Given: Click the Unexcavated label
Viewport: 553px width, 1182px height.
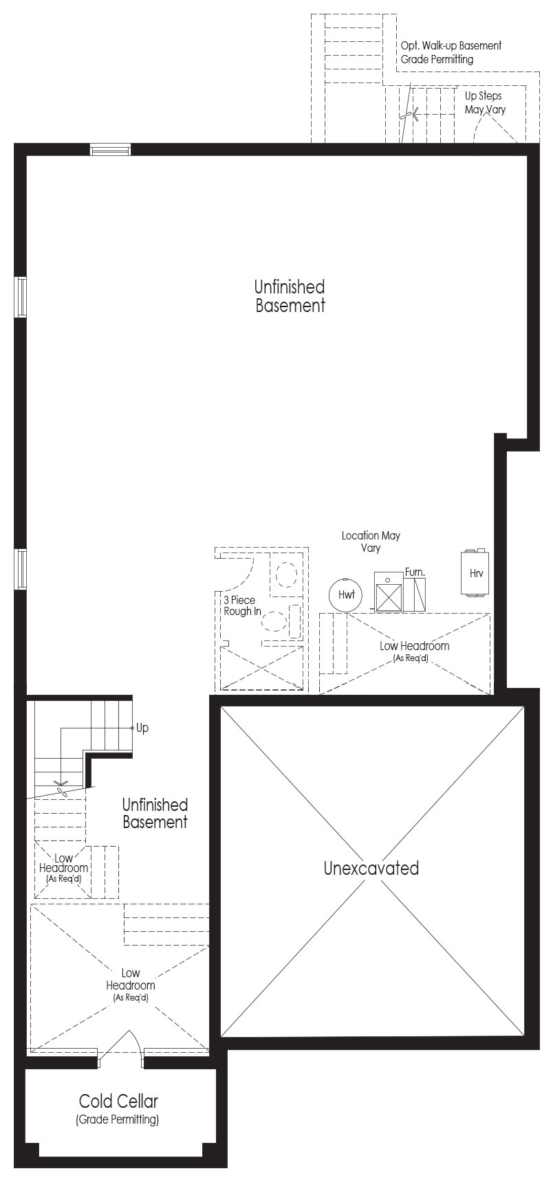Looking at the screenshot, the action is pos(371,868).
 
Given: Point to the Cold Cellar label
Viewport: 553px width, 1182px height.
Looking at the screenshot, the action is pos(118,1101).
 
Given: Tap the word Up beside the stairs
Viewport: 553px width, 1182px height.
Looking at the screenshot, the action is pos(142,728).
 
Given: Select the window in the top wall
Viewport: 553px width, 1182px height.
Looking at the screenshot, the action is pos(111,150).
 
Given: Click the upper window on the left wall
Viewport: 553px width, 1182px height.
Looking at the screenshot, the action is pos(21,297).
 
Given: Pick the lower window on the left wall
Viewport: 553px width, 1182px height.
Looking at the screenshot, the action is pos(21,570).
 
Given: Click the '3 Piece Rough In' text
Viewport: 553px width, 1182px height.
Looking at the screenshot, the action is pos(241,605).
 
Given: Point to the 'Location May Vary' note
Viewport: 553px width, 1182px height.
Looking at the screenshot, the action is pos(371,542).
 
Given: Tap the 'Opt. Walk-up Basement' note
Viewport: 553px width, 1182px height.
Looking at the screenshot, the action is pos(451,45).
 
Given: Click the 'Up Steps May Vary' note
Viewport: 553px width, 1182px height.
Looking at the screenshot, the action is pos(484,102).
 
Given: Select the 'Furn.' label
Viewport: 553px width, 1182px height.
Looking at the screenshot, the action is pos(415,571).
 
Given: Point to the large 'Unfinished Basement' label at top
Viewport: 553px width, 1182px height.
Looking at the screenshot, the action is pos(290,296).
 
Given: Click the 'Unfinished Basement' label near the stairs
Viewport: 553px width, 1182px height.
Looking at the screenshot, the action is pos(155,813).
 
